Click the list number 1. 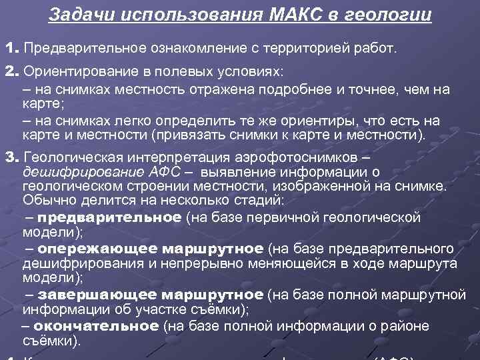tap(9, 48)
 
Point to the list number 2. tap(9, 71)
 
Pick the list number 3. tap(9, 157)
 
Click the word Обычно tap(45, 199)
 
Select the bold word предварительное tap(109, 217)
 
